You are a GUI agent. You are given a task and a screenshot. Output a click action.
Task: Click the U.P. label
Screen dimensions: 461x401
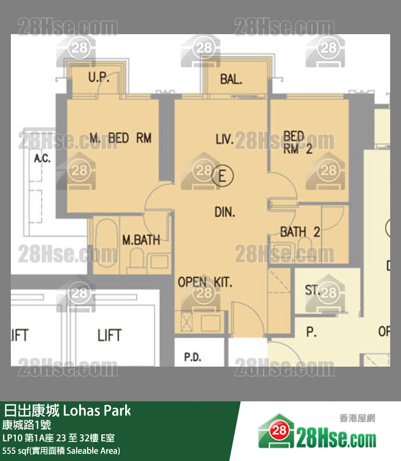click(x=99, y=78)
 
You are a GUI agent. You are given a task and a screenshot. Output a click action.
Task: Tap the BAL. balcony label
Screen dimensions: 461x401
click(x=231, y=80)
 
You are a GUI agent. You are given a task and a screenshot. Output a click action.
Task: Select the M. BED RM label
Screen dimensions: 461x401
click(x=120, y=138)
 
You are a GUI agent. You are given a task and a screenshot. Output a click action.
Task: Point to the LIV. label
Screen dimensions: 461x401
click(x=224, y=140)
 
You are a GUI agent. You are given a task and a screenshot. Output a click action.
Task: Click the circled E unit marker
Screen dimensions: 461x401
click(x=221, y=176)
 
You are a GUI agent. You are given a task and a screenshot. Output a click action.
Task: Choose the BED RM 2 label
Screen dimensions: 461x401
click(x=297, y=143)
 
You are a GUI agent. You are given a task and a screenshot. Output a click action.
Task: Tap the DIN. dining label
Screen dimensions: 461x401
click(x=225, y=213)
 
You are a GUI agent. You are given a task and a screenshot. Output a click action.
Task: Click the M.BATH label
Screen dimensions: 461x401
click(x=140, y=239)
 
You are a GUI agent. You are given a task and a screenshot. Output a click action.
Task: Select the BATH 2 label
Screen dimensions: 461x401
click(x=300, y=232)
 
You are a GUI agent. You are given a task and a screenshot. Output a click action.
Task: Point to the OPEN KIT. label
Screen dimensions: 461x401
click(x=205, y=282)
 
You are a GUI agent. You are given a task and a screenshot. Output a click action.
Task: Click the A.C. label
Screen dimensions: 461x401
click(x=42, y=158)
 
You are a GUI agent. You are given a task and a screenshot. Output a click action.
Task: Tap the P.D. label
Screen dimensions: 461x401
click(x=192, y=357)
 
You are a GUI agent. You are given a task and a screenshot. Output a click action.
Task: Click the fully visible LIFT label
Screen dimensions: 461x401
click(x=109, y=335)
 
